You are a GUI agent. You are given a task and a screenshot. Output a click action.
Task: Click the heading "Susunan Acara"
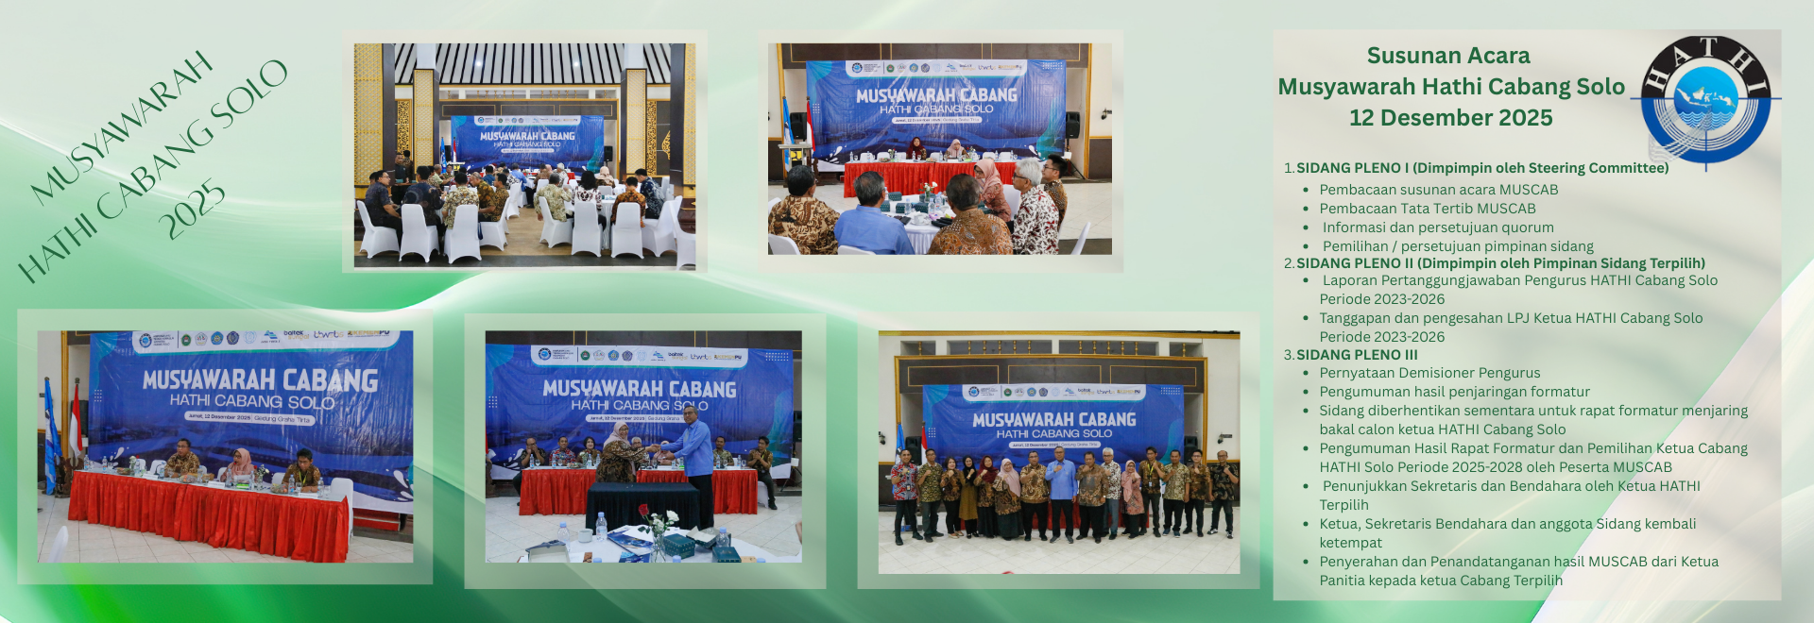(x=1447, y=56)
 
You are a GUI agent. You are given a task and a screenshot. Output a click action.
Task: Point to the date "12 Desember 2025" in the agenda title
(x=1450, y=118)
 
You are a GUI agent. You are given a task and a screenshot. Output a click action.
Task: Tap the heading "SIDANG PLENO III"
(x=1357, y=355)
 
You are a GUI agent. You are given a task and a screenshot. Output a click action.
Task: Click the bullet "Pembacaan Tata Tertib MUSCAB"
(x=1427, y=209)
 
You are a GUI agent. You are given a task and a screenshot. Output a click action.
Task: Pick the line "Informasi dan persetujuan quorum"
(x=1437, y=227)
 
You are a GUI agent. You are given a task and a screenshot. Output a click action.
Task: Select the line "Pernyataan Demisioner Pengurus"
(x=1429, y=373)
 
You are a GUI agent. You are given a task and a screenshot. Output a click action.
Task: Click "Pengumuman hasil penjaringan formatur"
(x=1454, y=392)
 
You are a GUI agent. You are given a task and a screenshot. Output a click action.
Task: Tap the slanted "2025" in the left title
(x=192, y=210)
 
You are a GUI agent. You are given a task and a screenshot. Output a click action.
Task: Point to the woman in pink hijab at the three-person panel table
(x=240, y=463)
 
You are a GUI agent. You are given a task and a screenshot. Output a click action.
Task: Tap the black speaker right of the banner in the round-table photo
(x=1072, y=126)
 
